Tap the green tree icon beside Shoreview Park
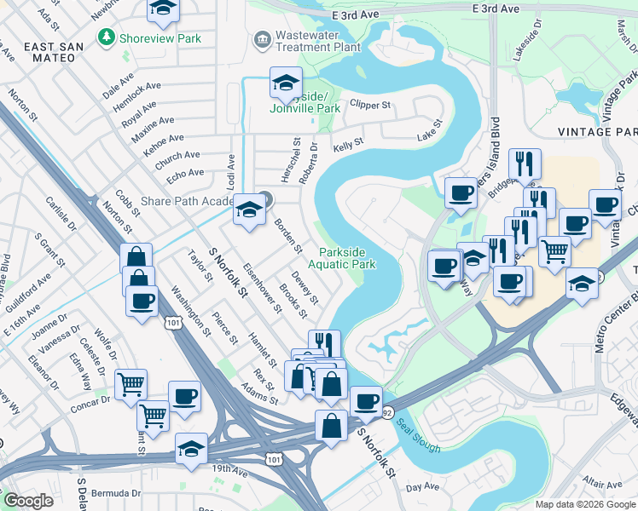pos(106,37)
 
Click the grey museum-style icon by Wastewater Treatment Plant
pos(262,38)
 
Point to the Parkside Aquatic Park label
pos(348,258)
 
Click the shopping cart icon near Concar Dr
pos(130,385)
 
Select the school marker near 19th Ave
pos(192,449)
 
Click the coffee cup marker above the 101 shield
pos(142,301)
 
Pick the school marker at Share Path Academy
pos(249,211)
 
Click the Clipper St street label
pos(369,106)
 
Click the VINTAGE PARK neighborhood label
pos(597,132)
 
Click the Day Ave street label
pos(421,487)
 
